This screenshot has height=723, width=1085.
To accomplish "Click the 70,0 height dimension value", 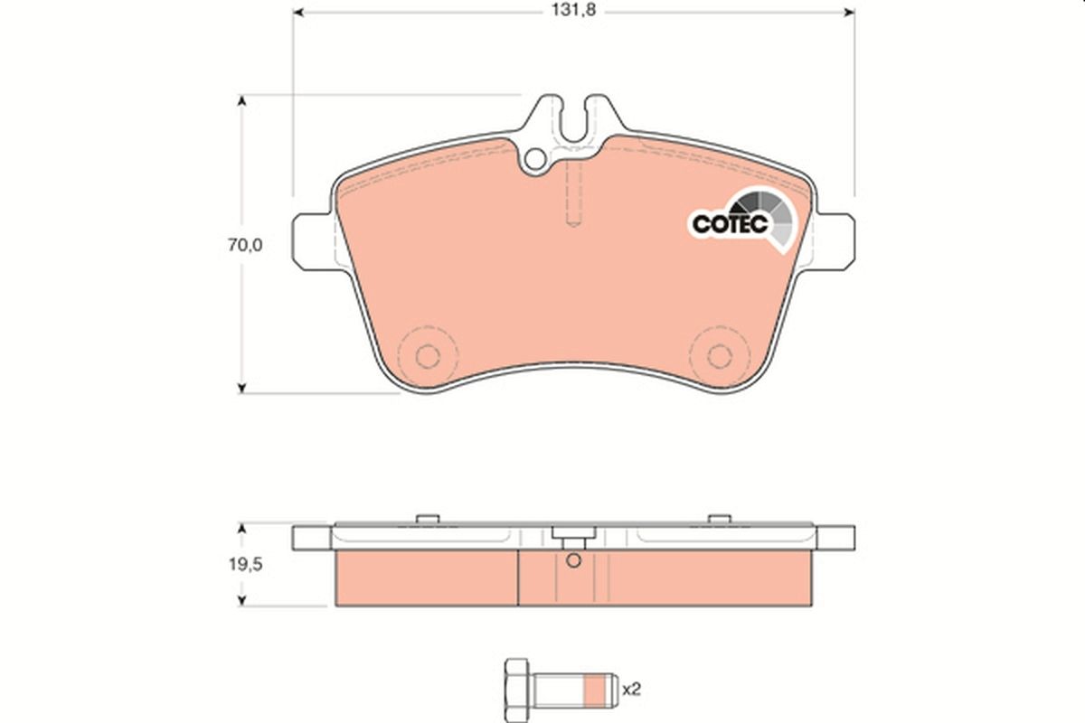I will [x=244, y=245].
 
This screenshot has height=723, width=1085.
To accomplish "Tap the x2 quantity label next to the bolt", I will [x=630, y=690].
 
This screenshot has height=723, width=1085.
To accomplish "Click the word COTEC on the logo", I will [x=729, y=223].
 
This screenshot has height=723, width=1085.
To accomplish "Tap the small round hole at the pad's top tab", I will [x=535, y=161].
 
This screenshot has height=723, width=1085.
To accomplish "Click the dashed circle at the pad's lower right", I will [x=719, y=355].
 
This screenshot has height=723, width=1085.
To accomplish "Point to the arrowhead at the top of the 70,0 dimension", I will [x=241, y=102].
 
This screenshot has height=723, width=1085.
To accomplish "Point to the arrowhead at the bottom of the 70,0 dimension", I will [x=241, y=387].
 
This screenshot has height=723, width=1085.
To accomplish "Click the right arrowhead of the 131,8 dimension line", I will [x=848, y=12].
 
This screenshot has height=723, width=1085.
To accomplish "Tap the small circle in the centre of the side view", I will [x=571, y=560].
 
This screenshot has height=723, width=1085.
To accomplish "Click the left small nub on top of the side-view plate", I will [x=428, y=518].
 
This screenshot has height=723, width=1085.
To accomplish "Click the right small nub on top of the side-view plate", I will [x=719, y=518].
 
